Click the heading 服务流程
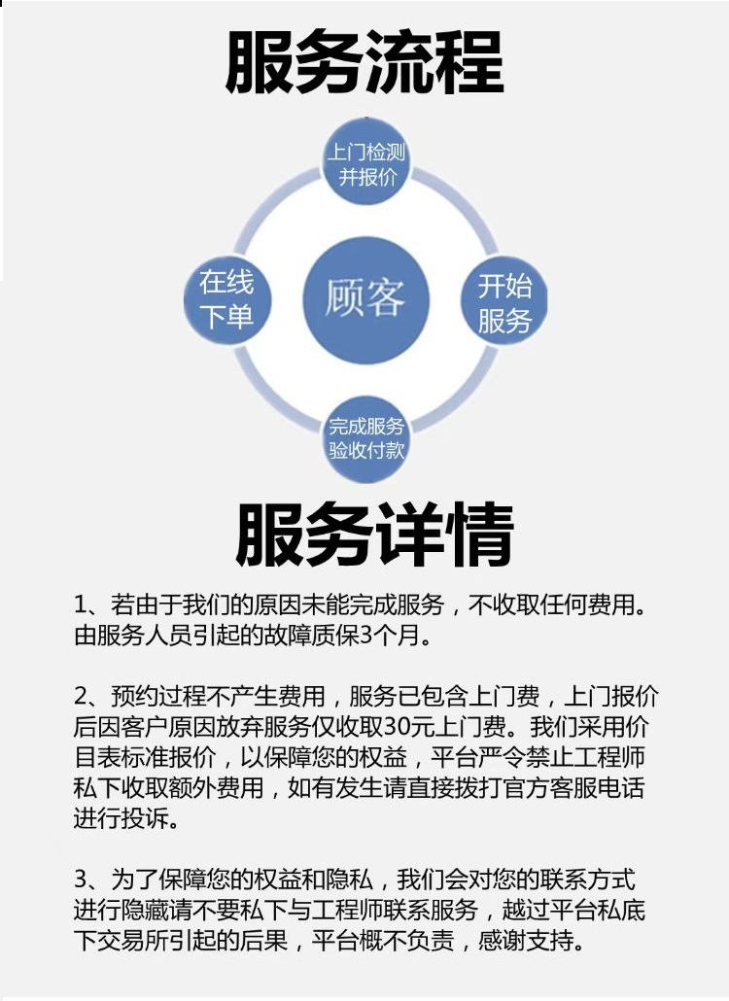click(364, 63)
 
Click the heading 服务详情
click(375, 535)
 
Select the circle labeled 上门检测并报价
click(366, 162)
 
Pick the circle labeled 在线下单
click(227, 300)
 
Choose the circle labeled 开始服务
click(504, 300)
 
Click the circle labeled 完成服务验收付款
click(366, 438)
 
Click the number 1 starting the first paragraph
click(80, 604)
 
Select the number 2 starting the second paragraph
click(81, 696)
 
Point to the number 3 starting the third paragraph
click(81, 880)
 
